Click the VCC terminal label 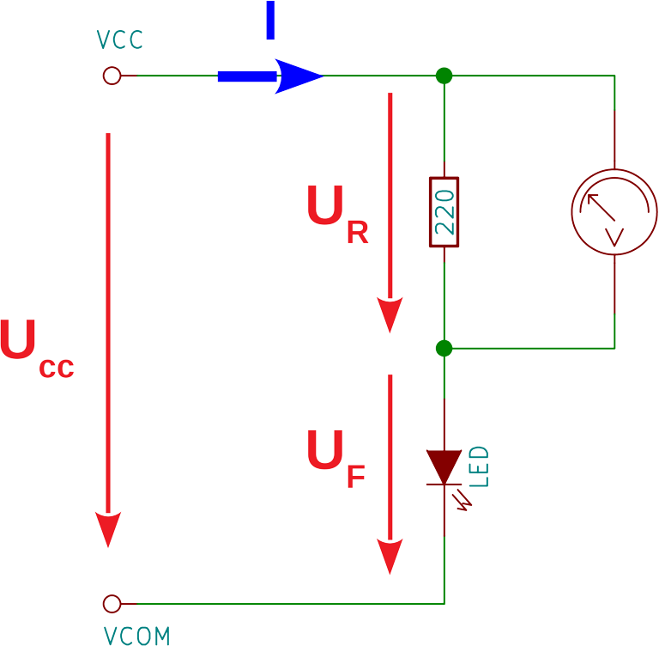click(x=119, y=40)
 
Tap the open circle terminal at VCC click(x=112, y=76)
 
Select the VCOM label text click(x=136, y=637)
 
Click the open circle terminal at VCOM click(x=112, y=604)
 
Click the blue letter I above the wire click(x=270, y=22)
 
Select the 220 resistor click(x=444, y=212)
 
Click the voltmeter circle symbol click(x=614, y=212)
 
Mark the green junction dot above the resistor click(x=444, y=76)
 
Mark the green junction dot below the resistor click(x=444, y=348)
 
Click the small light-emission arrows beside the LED click(x=465, y=500)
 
